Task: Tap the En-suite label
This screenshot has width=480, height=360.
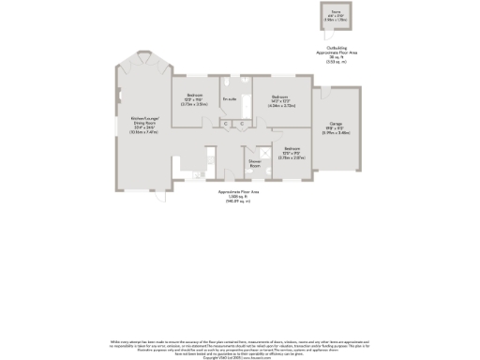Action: click(x=229, y=98)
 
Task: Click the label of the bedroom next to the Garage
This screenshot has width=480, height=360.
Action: click(x=279, y=97)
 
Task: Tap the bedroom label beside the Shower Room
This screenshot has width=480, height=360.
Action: click(x=292, y=149)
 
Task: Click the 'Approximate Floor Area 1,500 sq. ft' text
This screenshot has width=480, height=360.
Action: click(x=238, y=196)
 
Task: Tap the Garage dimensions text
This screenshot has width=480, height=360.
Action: click(x=335, y=130)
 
